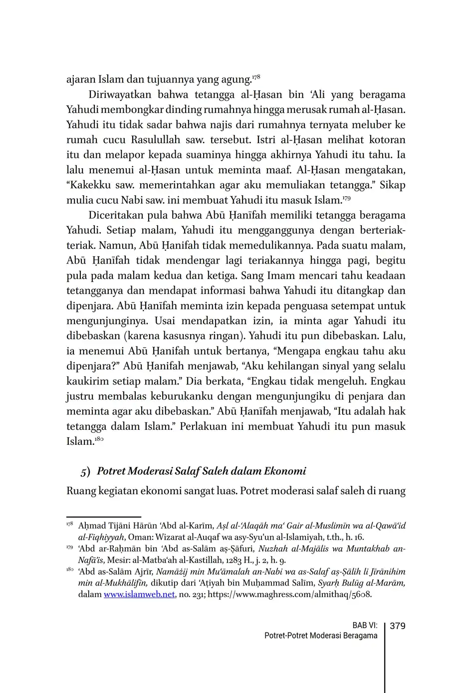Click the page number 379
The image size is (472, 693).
tap(397, 626)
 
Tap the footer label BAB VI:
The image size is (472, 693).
tap(364, 626)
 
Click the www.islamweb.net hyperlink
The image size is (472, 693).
tap(139, 595)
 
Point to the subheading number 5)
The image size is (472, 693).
tap(85, 471)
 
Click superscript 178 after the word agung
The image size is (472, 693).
tap(256, 77)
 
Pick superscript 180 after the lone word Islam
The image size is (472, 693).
tap(99, 439)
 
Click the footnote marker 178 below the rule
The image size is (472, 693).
tap(69, 524)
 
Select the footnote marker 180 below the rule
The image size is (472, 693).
tap(69, 570)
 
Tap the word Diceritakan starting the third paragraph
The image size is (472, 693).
tap(118, 216)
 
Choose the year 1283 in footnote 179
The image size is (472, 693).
tap(232, 560)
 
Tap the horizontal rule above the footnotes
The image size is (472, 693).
tap(104, 517)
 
